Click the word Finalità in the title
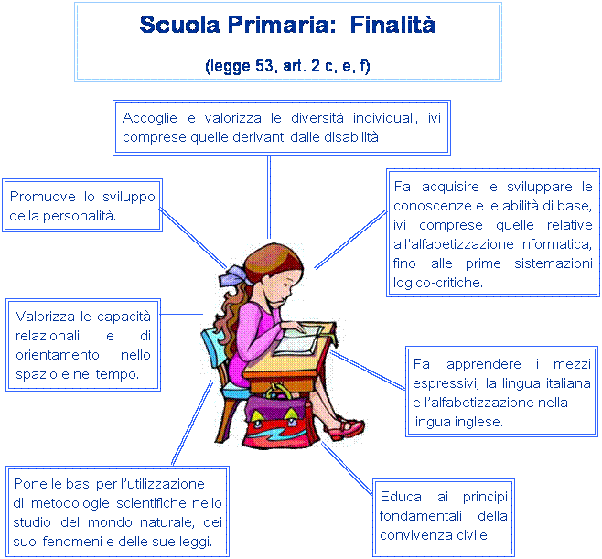coord(392,25)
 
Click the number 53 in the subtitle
coord(263,66)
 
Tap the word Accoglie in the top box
coord(150,119)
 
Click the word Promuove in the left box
coord(42,197)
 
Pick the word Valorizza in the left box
coord(45,317)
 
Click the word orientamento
coord(58,355)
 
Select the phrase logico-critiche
coord(437,284)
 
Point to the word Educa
coord(401,497)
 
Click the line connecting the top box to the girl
coord(269,197)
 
